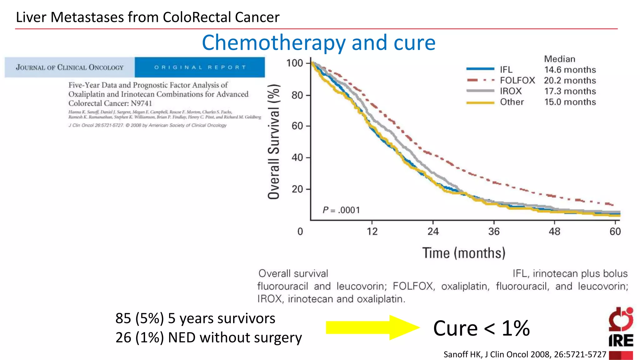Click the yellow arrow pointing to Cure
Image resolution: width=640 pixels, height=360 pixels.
(372, 327)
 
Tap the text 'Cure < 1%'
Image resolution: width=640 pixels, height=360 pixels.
(481, 328)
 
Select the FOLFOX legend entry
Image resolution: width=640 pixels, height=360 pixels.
(517, 80)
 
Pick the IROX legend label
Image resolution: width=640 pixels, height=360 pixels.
(511, 91)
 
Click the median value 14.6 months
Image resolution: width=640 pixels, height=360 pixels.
(570, 70)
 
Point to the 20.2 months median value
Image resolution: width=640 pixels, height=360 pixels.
(570, 80)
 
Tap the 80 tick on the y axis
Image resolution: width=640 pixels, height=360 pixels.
(297, 95)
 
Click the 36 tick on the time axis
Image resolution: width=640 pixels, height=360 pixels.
(494, 232)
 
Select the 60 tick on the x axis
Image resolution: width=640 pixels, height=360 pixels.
(615, 232)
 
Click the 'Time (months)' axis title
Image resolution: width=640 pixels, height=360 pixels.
(464, 253)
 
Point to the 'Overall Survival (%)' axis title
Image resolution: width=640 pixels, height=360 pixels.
(274, 142)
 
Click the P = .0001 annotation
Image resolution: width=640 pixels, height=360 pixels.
(341, 210)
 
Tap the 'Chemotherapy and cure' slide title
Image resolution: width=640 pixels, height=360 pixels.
(318, 42)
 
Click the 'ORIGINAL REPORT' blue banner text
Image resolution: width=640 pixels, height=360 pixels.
(200, 67)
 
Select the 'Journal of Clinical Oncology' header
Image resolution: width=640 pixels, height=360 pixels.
(70, 67)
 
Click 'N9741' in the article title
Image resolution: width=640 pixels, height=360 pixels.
(141, 103)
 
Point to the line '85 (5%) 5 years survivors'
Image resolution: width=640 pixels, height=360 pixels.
(195, 318)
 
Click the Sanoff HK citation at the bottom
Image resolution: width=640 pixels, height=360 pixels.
(525, 354)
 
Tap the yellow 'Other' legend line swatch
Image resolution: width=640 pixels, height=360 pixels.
(480, 102)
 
